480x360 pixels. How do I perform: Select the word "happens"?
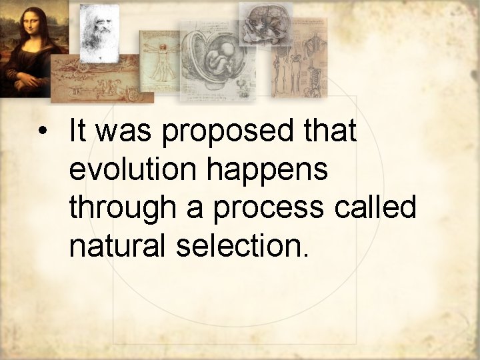point(267,171)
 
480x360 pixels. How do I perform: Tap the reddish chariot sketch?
point(101,79)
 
